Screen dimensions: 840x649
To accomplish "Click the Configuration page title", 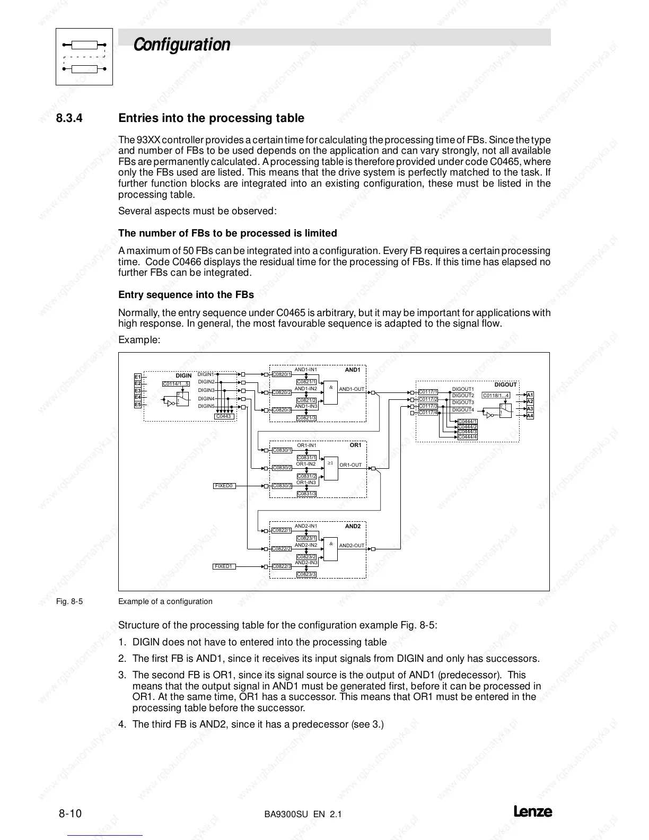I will pyautogui.click(x=182, y=45).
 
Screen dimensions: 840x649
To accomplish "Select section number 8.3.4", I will pyautogui.click(x=69, y=118).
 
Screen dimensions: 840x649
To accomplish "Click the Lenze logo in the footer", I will pyautogui.click(x=532, y=812).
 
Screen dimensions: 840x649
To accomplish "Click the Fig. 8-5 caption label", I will pyautogui.click(x=69, y=601).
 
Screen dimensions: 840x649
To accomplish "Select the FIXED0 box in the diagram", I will pyautogui.click(x=224, y=486).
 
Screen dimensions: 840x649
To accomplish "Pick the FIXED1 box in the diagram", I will pyautogui.click(x=224, y=566).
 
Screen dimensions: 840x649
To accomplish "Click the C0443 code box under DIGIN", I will pyautogui.click(x=224, y=416).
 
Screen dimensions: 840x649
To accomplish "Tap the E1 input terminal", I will pyautogui.click(x=138, y=377).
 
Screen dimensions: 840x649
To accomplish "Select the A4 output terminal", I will pyautogui.click(x=530, y=416).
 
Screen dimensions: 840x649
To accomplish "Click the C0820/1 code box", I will pyautogui.click(x=282, y=374).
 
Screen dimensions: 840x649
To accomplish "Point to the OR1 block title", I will pyautogui.click(x=355, y=445).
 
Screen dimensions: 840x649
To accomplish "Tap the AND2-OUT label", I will pyautogui.click(x=352, y=546).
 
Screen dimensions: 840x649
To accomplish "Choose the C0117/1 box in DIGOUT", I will pyautogui.click(x=428, y=392).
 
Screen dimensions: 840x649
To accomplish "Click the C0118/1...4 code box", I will pyautogui.click(x=496, y=395).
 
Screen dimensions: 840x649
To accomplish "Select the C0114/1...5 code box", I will pyautogui.click(x=176, y=384).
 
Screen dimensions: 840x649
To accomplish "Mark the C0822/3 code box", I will pyautogui.click(x=282, y=566).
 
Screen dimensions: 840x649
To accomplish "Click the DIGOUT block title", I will pyautogui.click(x=505, y=384).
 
